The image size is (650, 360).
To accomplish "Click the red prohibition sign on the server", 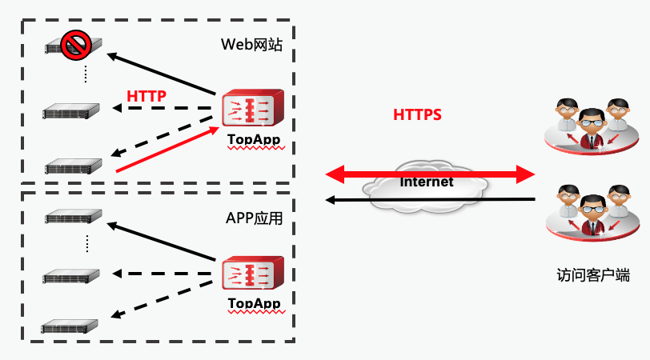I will [76, 42].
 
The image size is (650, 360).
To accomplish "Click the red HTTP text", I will [146, 96].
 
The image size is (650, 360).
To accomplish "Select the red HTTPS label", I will [417, 114].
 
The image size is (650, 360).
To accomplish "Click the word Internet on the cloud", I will [427, 182].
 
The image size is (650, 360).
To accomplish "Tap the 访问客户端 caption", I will [592, 275].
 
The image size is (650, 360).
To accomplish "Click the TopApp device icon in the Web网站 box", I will [253, 108].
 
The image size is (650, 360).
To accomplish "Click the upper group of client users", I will [591, 126].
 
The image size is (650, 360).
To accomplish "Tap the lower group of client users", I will [591, 213].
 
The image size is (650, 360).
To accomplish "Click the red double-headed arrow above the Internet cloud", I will [429, 172].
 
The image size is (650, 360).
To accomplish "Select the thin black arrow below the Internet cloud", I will [429, 199].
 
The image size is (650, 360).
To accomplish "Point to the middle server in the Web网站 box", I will [72, 110].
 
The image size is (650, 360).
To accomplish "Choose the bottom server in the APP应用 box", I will [72, 326].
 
